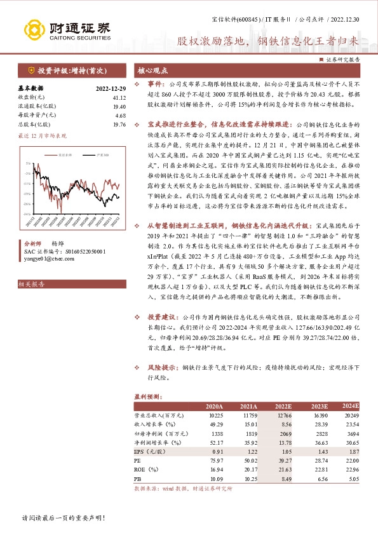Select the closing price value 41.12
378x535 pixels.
point(119,98)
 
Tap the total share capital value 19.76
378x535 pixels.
point(119,125)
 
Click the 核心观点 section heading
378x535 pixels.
point(153,71)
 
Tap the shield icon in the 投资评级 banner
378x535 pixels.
point(31,71)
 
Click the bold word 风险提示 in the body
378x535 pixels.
point(161,368)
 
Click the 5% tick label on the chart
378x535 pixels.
point(28,164)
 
